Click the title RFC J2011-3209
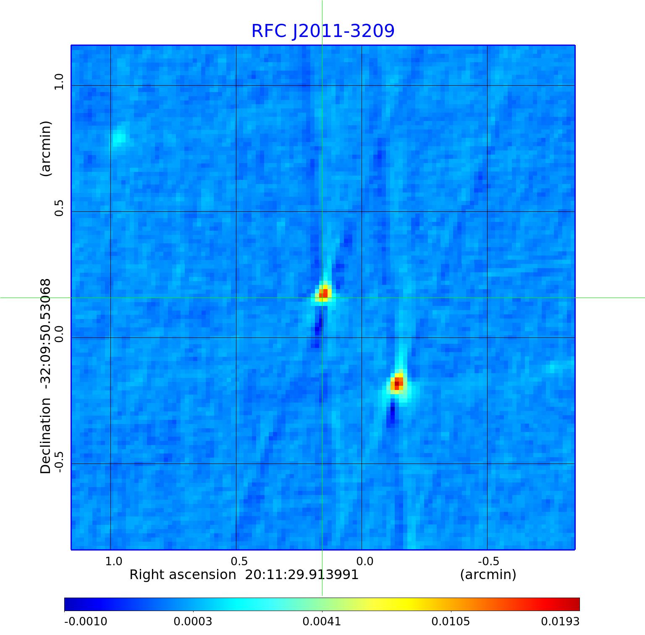tap(322, 31)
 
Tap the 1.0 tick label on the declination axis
tap(58, 82)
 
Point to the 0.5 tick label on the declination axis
tap(58, 208)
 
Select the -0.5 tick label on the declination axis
tap(58, 462)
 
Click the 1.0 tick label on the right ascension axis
tap(114, 561)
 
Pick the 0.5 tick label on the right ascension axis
tap(239, 561)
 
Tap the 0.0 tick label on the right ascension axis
tap(364, 561)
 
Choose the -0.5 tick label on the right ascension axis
tap(488, 561)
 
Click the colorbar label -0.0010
tap(86, 622)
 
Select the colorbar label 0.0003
tap(193, 622)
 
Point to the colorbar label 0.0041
tap(322, 622)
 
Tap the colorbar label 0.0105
tap(451, 622)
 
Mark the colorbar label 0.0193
tap(560, 622)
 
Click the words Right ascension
tap(183, 575)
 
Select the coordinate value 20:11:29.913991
tap(302, 575)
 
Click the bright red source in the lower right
tap(397, 383)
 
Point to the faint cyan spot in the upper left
tap(119, 137)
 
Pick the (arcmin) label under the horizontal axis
tap(488, 575)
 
